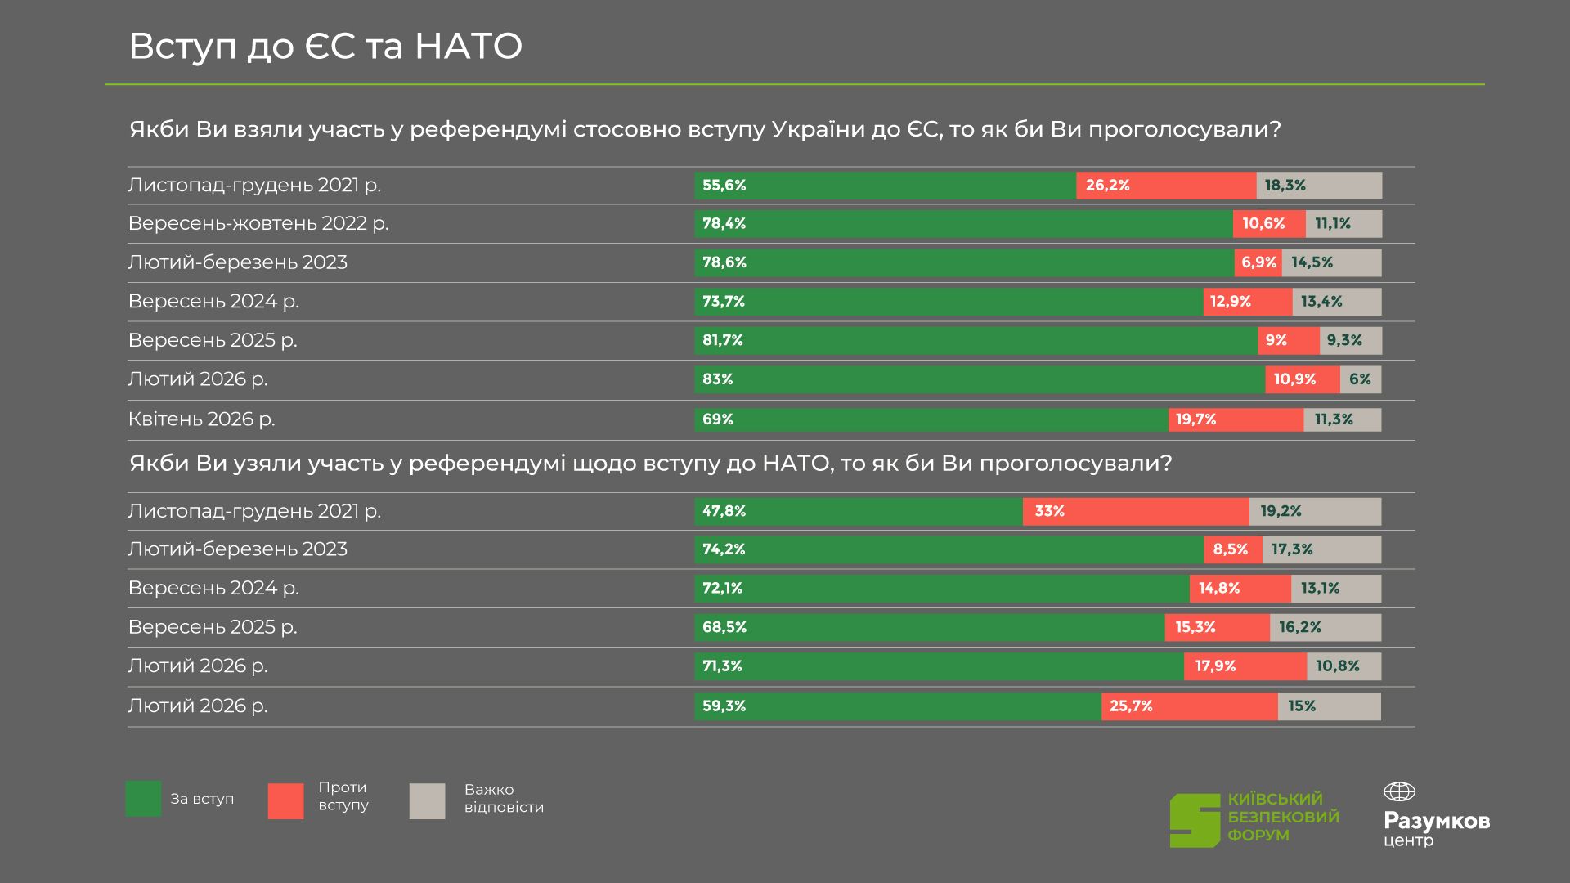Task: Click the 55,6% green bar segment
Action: [x=885, y=186]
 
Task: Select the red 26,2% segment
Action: [x=1166, y=186]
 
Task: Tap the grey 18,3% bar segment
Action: [x=1319, y=186]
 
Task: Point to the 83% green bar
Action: [x=980, y=379]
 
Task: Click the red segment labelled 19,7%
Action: [x=1236, y=419]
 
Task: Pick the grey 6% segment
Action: [x=1361, y=379]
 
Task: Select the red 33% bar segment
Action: [x=1136, y=511]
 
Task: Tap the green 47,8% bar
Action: [x=859, y=511]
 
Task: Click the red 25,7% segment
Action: [x=1189, y=706]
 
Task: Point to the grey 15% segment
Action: [x=1329, y=706]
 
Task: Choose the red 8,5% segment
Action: [x=1232, y=549]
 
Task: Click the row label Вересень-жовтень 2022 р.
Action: [x=258, y=224]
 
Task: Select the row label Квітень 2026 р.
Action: [x=202, y=419]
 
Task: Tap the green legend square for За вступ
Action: [x=143, y=799]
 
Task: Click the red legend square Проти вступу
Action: [x=285, y=801]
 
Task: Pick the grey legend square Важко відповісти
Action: [x=427, y=801]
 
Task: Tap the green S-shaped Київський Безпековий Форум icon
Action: [x=1195, y=820]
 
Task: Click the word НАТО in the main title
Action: [x=468, y=47]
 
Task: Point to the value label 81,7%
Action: [x=723, y=340]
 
